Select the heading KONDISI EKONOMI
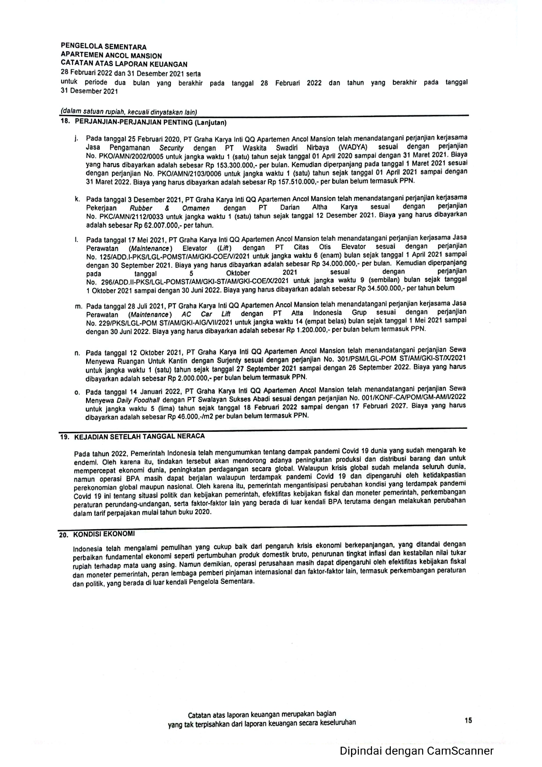click(104, 534)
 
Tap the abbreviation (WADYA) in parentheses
click(349, 147)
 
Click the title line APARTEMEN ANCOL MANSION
click(111, 56)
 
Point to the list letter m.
click(79, 306)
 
